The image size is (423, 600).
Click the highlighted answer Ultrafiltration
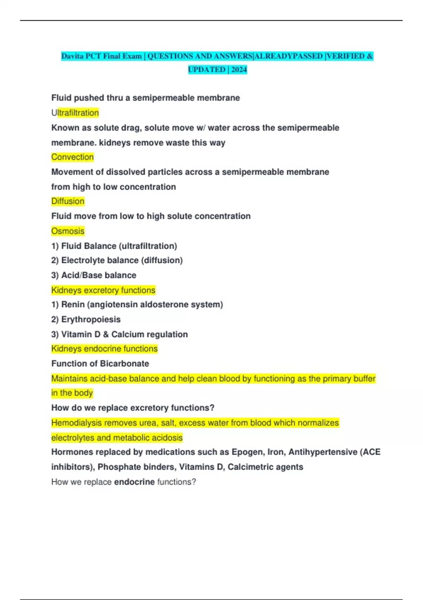click(x=75, y=113)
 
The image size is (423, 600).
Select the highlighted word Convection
click(x=73, y=157)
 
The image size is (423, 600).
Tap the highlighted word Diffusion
click(x=68, y=201)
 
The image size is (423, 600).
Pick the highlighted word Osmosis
click(x=68, y=231)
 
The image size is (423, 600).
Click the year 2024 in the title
click(x=239, y=70)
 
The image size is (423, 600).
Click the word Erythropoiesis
click(x=91, y=319)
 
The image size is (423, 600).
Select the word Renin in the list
click(x=73, y=305)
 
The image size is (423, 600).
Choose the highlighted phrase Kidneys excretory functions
click(x=103, y=290)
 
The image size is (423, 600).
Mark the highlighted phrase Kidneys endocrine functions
click(x=104, y=349)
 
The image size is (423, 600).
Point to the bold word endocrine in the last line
click(x=134, y=482)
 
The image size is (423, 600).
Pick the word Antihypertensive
click(x=323, y=452)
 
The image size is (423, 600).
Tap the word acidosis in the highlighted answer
click(x=168, y=438)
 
